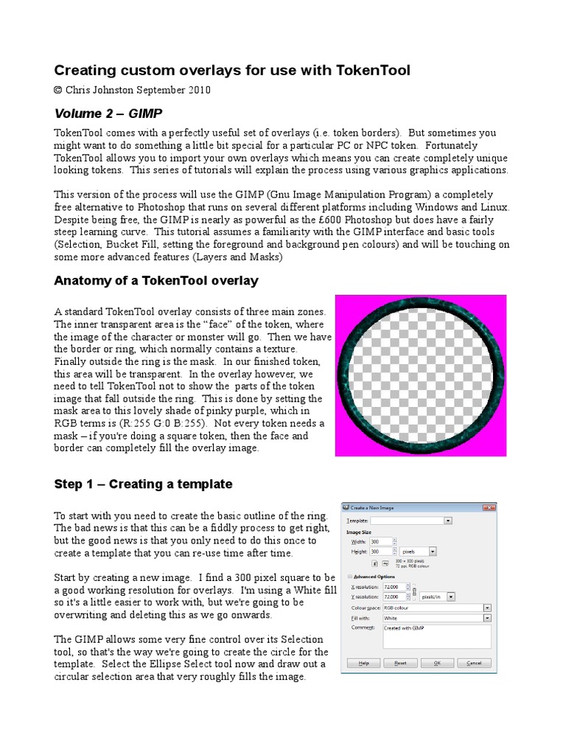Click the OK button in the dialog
point(437,663)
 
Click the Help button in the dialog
point(363,663)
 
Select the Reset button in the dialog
point(400,663)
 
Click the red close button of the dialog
point(489,507)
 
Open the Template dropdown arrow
point(447,521)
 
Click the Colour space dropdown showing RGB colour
point(435,608)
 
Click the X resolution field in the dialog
point(395,587)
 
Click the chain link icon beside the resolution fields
point(415,592)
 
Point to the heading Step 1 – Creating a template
point(143,484)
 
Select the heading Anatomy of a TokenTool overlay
point(156,280)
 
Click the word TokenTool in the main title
point(372,70)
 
